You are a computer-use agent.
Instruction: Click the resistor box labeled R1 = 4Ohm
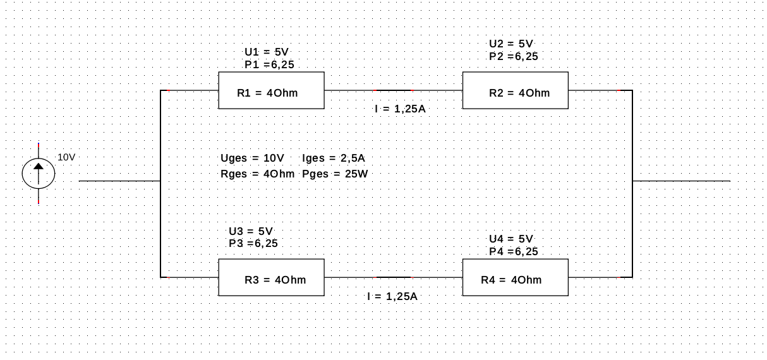click(271, 90)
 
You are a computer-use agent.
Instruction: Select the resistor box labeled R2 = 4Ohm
click(516, 90)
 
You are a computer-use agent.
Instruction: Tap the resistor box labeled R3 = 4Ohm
click(271, 277)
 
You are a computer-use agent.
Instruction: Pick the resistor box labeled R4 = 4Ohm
click(516, 277)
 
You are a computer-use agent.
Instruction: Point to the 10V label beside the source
click(67, 157)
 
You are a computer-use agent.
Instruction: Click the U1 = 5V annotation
click(267, 52)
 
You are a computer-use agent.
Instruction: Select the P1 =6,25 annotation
click(269, 64)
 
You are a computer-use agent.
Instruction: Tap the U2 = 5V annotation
click(511, 44)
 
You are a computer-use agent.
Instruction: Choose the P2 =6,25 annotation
click(513, 56)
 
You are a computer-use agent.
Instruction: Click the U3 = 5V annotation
click(251, 231)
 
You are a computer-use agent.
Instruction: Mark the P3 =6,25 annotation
click(253, 243)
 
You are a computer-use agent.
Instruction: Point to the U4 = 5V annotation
click(511, 239)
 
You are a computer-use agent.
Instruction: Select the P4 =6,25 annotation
click(513, 251)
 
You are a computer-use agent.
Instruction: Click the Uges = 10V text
click(252, 158)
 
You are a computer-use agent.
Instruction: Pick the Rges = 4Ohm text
click(257, 174)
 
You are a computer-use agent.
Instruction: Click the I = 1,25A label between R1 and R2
click(400, 109)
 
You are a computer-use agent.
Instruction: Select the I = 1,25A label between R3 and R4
click(392, 296)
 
